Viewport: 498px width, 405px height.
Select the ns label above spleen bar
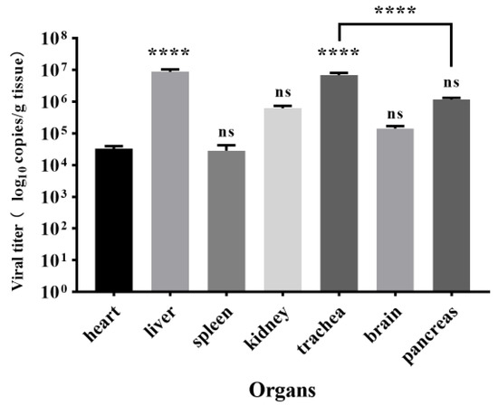click(225, 127)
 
